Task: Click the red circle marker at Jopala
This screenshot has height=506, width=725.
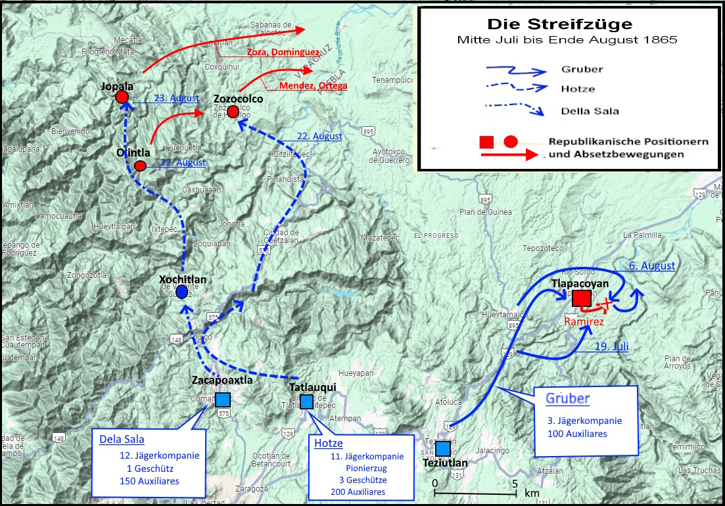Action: coord(122,97)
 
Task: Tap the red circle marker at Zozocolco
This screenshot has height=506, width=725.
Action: coord(233,111)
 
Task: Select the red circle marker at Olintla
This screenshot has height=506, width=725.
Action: coord(140,166)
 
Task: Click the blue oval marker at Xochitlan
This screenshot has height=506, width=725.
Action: coord(182,292)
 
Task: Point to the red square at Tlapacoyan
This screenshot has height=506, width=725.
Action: coord(581,298)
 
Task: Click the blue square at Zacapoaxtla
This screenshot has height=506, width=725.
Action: coord(223,400)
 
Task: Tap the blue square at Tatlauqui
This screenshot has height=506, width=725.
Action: coord(306,401)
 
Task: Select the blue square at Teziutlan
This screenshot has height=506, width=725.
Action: coord(443,448)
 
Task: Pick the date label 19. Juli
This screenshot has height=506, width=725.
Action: coord(611,346)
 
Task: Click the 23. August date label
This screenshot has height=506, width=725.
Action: coord(176,98)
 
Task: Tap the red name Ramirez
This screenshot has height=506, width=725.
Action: coord(584,321)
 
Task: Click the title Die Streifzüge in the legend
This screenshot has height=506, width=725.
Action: coord(559,25)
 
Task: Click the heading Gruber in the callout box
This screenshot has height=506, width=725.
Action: coord(567,399)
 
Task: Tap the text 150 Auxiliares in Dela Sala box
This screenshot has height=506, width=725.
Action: coord(149,481)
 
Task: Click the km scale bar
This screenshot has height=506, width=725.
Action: coord(475,493)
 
